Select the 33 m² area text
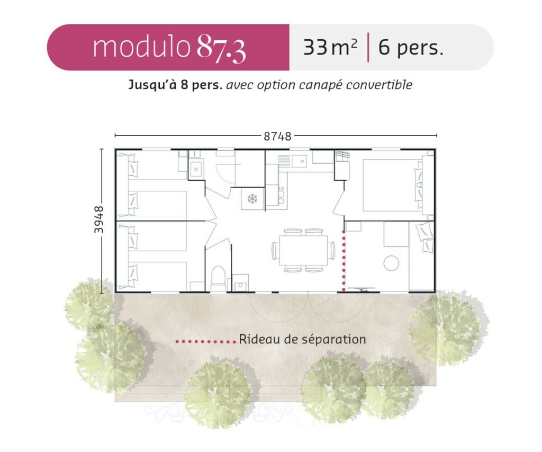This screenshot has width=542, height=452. tap(330, 47)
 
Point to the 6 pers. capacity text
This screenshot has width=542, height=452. tap(411, 48)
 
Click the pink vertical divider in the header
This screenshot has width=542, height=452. tap(368, 47)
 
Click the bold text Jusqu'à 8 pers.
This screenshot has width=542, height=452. tap(175, 85)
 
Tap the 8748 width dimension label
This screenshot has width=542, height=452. tap(277, 136)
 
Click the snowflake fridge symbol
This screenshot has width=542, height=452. tap(252, 199)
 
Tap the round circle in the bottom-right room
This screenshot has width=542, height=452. tap(391, 263)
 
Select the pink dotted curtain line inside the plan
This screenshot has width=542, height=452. tap(344, 260)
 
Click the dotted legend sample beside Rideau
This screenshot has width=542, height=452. tap(206, 342)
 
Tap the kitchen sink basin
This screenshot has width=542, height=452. tap(300, 161)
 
